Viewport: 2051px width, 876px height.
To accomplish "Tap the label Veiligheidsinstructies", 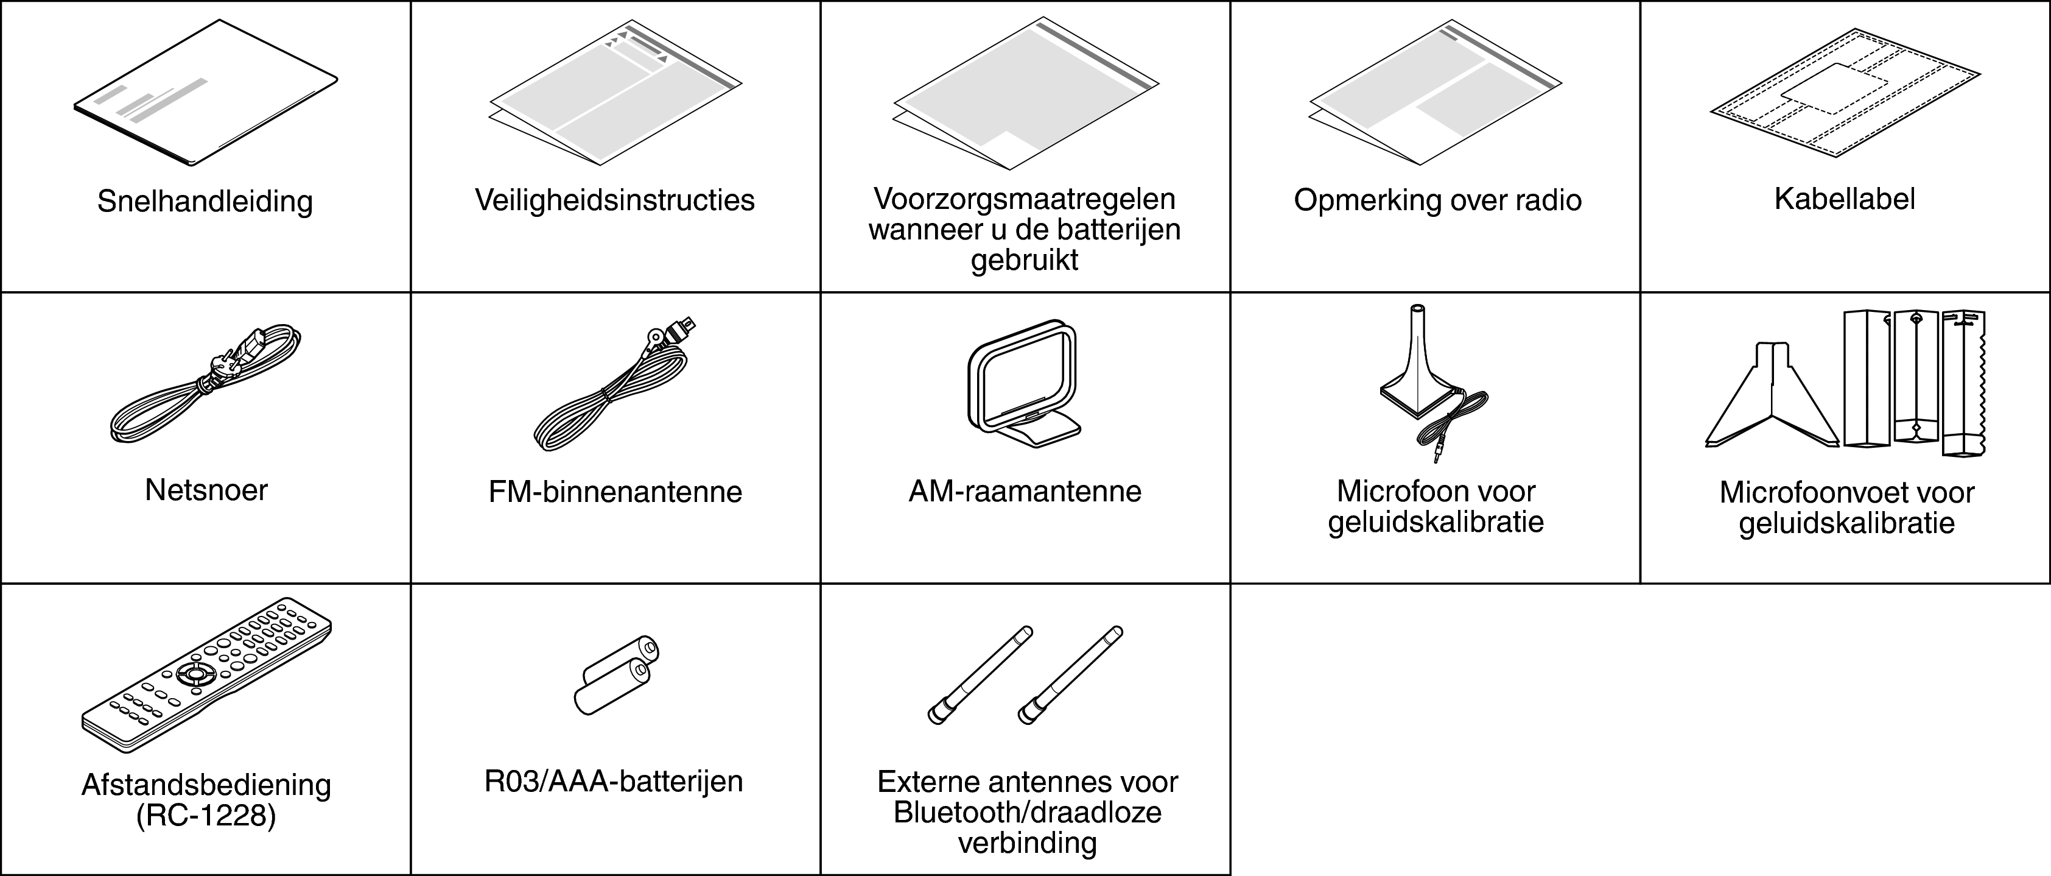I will click(615, 200).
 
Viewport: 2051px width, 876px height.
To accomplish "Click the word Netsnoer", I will click(206, 490).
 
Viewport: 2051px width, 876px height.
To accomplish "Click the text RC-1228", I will click(206, 816).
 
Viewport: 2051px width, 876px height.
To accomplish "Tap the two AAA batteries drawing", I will click(616, 676).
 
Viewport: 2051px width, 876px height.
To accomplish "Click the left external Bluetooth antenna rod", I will click(980, 676).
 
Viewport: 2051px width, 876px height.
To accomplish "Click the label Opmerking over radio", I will click(1437, 200).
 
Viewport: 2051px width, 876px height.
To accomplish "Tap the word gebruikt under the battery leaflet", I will click(1024, 260).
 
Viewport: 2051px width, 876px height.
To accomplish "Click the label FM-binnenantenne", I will click(615, 492).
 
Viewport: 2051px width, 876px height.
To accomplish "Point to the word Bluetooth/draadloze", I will click(1027, 812).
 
